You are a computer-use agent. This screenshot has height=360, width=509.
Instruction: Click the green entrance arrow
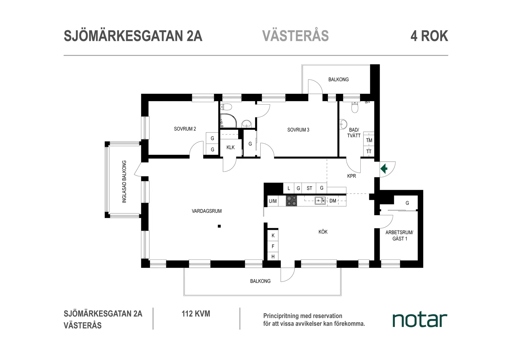coord(384,169)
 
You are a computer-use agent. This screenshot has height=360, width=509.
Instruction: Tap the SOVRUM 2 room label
coord(185,129)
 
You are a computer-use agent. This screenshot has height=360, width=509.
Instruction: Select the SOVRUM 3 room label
coord(298,130)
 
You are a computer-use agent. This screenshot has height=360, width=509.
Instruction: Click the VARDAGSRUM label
coord(207,211)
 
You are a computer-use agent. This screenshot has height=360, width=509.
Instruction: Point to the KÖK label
coord(323,232)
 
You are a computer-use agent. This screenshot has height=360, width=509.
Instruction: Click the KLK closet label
coord(230,147)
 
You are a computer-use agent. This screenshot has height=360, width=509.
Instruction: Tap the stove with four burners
coord(292,201)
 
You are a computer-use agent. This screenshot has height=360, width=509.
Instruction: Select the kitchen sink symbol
coord(320,201)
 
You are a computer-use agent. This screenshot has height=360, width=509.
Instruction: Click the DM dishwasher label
coord(333,201)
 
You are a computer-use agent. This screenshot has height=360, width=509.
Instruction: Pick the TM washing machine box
coord(369,140)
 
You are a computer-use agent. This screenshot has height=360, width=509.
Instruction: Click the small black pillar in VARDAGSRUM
coord(219,226)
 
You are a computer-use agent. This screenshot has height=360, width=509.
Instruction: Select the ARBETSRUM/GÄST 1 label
coord(399,236)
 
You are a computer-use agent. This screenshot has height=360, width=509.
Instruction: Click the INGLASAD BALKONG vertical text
coord(124,182)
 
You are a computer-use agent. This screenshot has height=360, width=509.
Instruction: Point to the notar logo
coord(420,320)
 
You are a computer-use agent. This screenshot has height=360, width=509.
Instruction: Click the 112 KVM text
coord(196,314)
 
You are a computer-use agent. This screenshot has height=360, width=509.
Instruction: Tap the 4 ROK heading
coord(429,36)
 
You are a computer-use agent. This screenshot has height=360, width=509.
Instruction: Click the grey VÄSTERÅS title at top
coord(295,36)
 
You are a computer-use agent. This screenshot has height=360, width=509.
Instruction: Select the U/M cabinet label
coord(273,201)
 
